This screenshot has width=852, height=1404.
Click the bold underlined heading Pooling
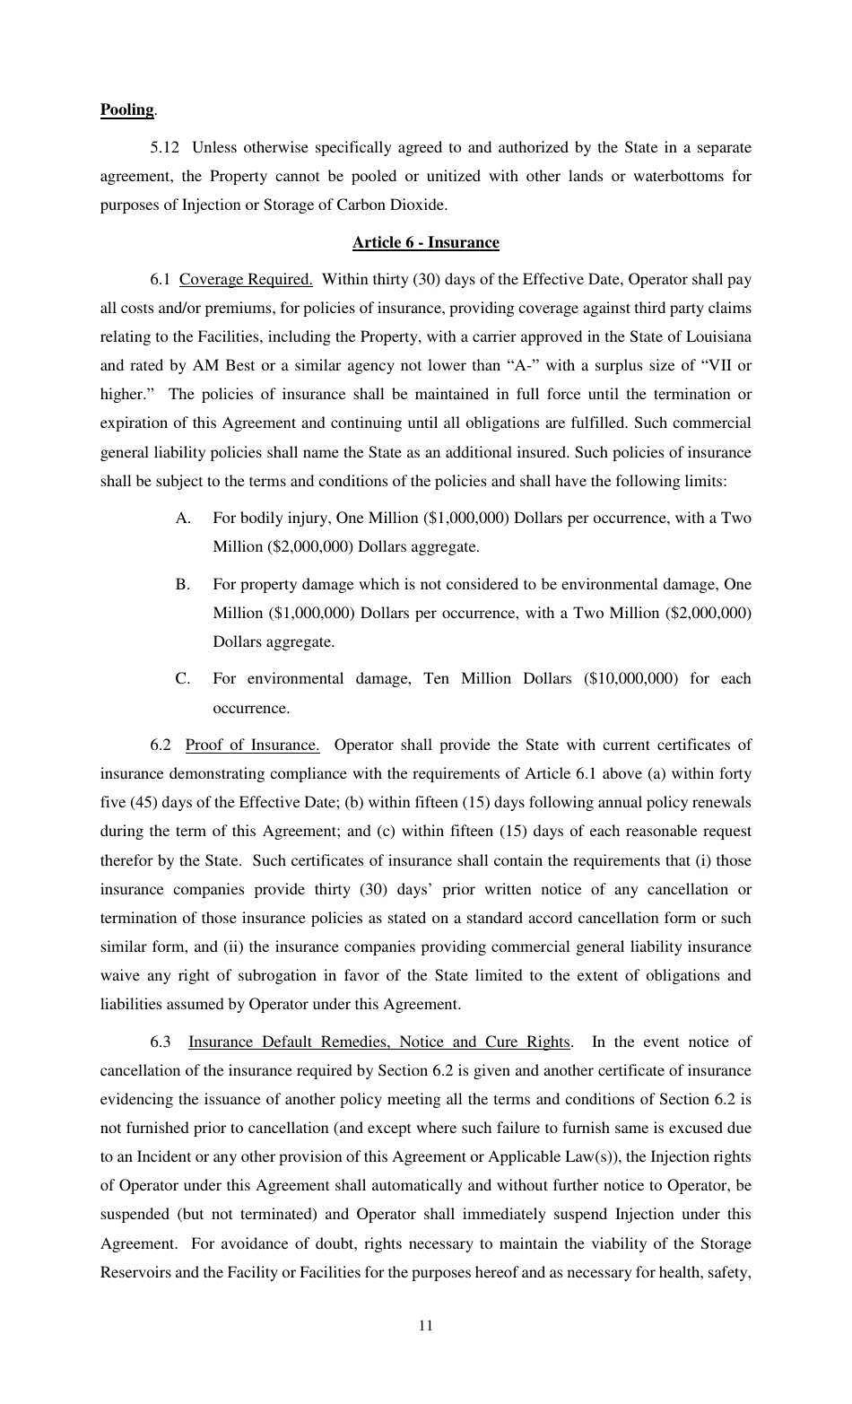[x=126, y=109]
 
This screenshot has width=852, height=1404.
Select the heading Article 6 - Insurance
[x=425, y=242]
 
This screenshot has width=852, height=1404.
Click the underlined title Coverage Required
[x=246, y=279]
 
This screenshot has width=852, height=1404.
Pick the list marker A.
[x=183, y=518]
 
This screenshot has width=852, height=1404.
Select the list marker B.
[x=183, y=584]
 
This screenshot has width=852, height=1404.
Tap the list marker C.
[x=183, y=678]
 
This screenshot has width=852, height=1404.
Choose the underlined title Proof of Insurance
[x=252, y=745]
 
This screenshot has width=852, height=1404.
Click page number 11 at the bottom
[x=425, y=1326]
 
